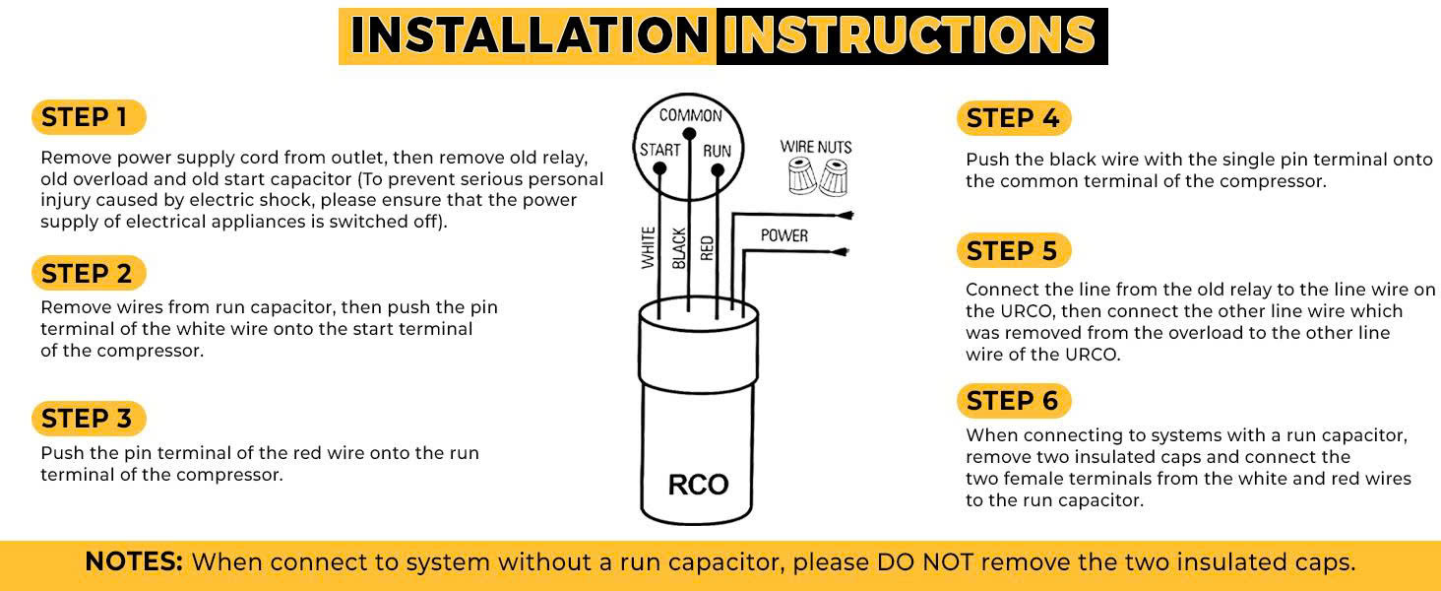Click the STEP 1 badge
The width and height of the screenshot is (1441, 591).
(x=88, y=118)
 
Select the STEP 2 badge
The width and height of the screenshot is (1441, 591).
(x=88, y=273)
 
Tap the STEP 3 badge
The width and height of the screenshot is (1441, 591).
(x=88, y=419)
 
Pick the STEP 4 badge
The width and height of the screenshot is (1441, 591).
(x=1013, y=119)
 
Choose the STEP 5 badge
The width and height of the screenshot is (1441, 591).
(x=1013, y=251)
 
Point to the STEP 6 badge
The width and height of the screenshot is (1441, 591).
(x=1013, y=401)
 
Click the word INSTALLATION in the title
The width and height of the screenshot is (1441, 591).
(x=529, y=36)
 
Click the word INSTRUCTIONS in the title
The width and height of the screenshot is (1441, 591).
(x=909, y=36)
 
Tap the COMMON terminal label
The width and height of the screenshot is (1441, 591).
(x=690, y=115)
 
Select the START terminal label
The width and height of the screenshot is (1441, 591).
(x=659, y=150)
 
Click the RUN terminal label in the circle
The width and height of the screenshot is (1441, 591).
(x=717, y=151)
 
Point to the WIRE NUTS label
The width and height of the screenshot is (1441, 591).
(x=816, y=147)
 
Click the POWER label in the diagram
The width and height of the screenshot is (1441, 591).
(x=784, y=236)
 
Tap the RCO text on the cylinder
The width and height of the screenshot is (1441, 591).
(x=698, y=485)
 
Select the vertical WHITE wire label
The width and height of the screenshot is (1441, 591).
(x=649, y=247)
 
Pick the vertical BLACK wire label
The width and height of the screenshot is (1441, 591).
(x=678, y=247)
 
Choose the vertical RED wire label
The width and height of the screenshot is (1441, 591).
(x=707, y=246)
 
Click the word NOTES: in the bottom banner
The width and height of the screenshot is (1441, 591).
(x=134, y=562)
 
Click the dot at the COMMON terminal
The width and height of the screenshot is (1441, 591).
(x=689, y=133)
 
